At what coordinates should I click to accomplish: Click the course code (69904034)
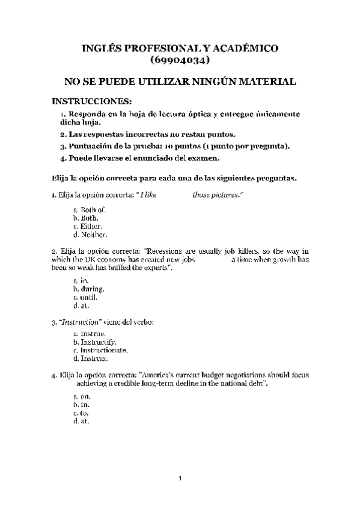[180, 60]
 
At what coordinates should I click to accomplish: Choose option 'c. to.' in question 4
[81, 414]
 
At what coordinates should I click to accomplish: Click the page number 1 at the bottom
[180, 478]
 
